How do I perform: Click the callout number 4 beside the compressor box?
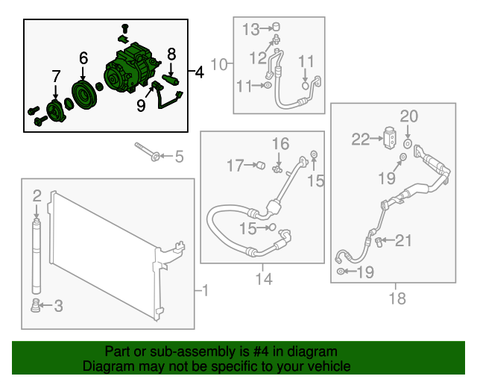pyautogui.click(x=199, y=72)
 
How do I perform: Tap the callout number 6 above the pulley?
pyautogui.click(x=83, y=58)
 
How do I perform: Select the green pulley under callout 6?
pyautogui.click(x=84, y=95)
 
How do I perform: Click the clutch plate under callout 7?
pyautogui.click(x=56, y=111)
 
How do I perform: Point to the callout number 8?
pyautogui.click(x=171, y=54)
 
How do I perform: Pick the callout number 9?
pyautogui.click(x=141, y=105)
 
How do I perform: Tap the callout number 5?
pyautogui.click(x=180, y=157)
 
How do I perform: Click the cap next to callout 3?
pyautogui.click(x=35, y=306)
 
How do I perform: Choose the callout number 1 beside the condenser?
pyautogui.click(x=206, y=290)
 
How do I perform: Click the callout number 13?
pyautogui.click(x=251, y=30)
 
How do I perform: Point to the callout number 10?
pyautogui.click(x=219, y=64)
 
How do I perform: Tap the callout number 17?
pyautogui.click(x=236, y=166)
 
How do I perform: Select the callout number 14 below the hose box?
pyautogui.click(x=264, y=279)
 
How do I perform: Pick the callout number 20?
pyautogui.click(x=409, y=116)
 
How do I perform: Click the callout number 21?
pyautogui.click(x=403, y=240)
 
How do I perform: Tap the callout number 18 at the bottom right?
pyautogui.click(x=397, y=298)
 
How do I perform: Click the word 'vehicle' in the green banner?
pyautogui.click(x=329, y=366)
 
